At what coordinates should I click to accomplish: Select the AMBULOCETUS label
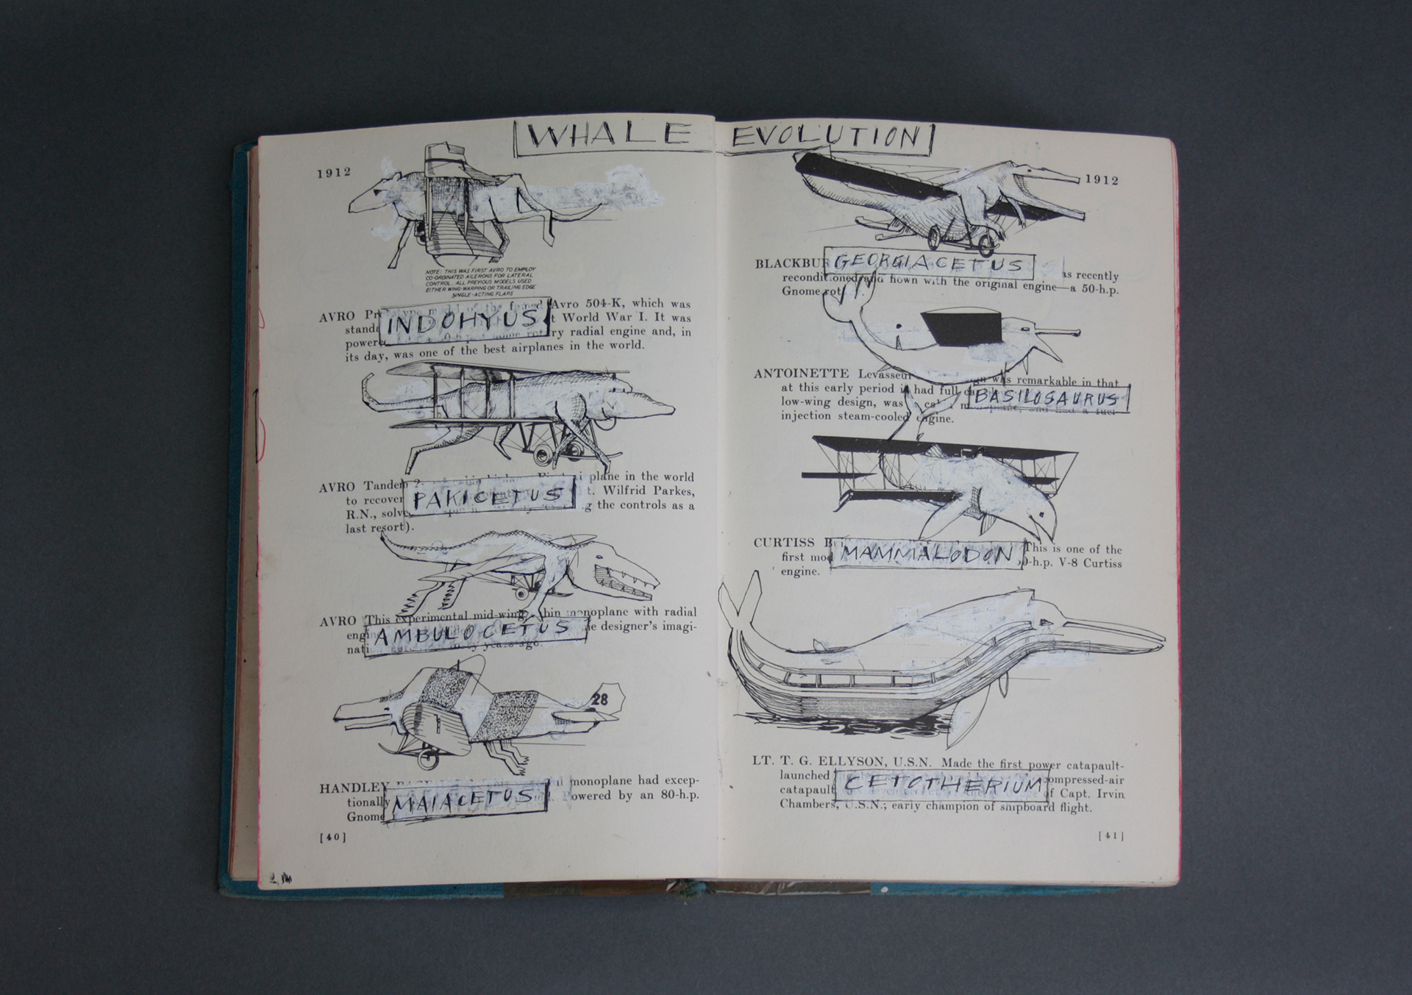(x=474, y=633)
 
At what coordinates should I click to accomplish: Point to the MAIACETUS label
(x=465, y=799)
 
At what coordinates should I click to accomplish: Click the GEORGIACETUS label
(x=929, y=263)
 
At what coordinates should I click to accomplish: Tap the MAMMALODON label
(x=927, y=554)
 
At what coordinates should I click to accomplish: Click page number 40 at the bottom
(x=332, y=837)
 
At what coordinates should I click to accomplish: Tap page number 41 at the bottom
(x=1110, y=835)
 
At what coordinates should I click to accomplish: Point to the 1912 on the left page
(x=334, y=173)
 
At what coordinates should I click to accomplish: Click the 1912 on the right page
(x=1102, y=180)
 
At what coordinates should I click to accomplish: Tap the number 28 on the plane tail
(x=599, y=699)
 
